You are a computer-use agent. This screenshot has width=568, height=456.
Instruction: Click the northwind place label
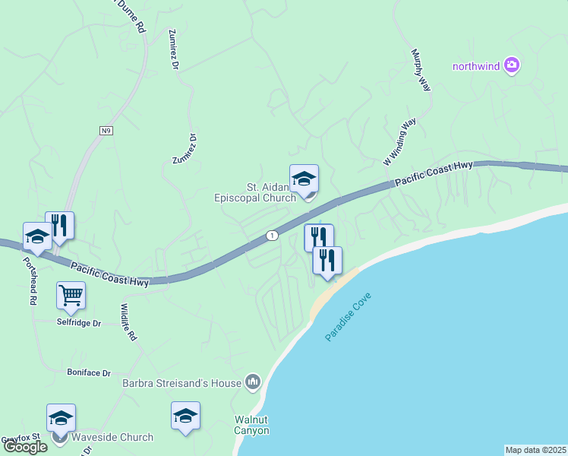pos(476,66)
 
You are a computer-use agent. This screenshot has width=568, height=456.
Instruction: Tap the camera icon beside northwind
pos(512,65)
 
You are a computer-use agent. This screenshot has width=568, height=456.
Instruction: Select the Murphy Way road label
pos(421,71)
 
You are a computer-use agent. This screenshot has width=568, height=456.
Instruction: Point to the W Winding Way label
pos(399,142)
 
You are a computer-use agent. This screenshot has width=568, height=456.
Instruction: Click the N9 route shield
pos(106,131)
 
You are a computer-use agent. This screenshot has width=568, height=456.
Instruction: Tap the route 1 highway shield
pos(271,236)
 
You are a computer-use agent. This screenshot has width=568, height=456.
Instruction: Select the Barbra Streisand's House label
pos(181,382)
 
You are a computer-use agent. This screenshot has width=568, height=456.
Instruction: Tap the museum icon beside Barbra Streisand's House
pos(253,382)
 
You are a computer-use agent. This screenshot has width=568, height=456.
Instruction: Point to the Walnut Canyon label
pos(251,425)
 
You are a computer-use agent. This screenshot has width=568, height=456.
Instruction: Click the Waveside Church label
pos(112,437)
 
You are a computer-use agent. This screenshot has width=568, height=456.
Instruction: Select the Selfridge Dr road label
pos(80,323)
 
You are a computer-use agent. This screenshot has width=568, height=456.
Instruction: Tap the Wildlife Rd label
pos(128,322)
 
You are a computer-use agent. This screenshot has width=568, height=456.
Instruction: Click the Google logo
pos(26,446)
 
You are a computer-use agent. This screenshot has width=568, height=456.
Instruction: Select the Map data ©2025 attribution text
pos(535,450)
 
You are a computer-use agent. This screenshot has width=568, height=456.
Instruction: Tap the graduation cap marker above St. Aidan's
pos(304,179)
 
